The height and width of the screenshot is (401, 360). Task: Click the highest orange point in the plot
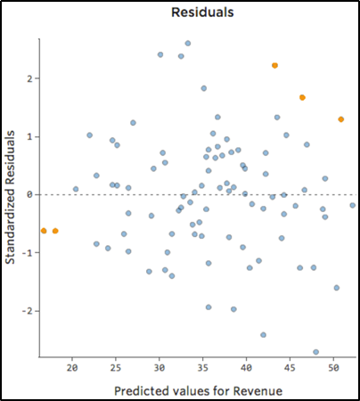[275, 65]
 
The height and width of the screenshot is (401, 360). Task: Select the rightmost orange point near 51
[341, 119]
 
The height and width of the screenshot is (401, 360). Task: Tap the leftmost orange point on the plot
[44, 231]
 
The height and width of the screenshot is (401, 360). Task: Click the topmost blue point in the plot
[188, 43]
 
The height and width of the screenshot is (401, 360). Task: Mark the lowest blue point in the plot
[316, 352]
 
